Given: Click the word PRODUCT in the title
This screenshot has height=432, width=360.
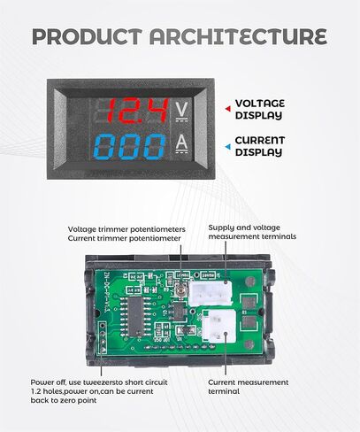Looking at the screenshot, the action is pos(87,36).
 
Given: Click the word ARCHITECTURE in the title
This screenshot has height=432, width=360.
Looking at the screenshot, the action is pos(238,36).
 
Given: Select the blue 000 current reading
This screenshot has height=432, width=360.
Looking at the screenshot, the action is pos(130,146).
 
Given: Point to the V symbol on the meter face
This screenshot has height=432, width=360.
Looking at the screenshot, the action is pos(181,112).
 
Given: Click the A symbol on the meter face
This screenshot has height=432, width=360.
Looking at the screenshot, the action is pos(181,144).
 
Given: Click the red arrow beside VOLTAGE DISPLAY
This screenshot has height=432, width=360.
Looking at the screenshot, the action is pos(228,109).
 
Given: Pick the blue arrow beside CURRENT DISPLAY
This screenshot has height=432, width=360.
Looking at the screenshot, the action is pos(228,147).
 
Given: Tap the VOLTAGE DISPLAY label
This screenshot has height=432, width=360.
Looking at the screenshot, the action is pos(260,109).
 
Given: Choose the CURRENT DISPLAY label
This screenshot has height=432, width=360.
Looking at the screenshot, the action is pos(260,146).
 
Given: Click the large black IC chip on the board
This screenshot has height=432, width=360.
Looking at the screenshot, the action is pos(135,317).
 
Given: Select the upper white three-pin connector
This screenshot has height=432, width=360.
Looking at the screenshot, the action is pos(211,293).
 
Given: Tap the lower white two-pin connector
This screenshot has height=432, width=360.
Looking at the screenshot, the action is pos(218,326).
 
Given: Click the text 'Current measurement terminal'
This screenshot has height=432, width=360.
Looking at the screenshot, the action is pos(249,387).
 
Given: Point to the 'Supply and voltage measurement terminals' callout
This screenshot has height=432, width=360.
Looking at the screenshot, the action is pos(252,232).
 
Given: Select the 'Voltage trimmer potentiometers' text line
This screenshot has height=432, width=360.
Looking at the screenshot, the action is pos(126,229).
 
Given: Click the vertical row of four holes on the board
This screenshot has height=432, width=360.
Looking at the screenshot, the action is pos(103,337).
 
